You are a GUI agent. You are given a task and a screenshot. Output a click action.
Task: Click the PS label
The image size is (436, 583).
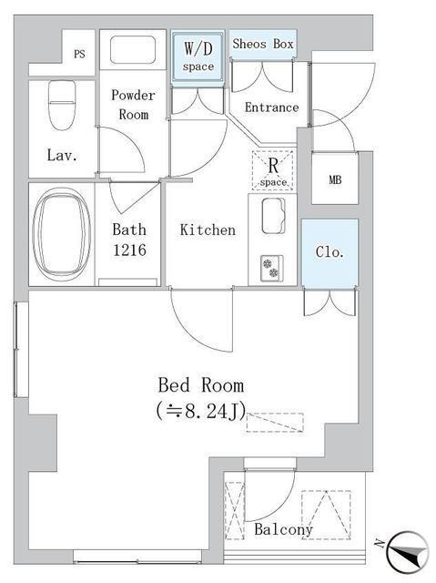[x=79, y=55]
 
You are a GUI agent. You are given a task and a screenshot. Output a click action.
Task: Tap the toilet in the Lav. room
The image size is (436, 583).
[x=62, y=106]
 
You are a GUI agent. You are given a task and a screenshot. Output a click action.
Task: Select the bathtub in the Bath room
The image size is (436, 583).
[x=62, y=235]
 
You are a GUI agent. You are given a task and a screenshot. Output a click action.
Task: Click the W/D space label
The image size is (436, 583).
[x=198, y=56]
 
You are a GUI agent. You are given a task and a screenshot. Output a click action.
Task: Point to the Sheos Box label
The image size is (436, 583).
[x=263, y=44]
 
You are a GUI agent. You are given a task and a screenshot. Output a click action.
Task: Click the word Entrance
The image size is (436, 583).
[x=271, y=107]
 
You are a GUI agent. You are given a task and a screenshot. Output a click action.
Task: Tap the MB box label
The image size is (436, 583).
[x=335, y=180]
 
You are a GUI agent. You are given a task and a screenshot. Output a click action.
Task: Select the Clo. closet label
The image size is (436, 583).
[x=330, y=252]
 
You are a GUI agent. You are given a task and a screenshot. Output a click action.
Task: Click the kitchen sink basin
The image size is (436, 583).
[x=273, y=216]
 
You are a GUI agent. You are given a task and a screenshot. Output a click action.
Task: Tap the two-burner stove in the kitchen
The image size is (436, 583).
[x=272, y=268]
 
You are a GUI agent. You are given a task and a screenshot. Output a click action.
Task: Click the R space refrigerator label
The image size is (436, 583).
[x=273, y=172]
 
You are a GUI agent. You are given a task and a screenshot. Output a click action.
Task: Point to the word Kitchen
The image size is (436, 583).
[x=208, y=230]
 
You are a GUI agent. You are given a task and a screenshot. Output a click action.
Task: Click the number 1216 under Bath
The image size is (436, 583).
[x=129, y=251]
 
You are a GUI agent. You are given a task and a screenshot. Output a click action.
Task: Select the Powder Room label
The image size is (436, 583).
[x=133, y=105]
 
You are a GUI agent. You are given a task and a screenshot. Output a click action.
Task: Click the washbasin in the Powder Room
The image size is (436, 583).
[x=133, y=50]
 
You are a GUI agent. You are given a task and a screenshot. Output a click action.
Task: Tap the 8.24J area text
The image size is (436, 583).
[x=201, y=411]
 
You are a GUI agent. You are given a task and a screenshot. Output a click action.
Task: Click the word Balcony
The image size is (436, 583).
[x=283, y=529]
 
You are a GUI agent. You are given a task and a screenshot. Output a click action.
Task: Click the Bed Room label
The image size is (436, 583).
[x=201, y=385]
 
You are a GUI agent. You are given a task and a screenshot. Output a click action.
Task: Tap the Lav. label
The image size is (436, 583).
[x=62, y=155]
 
